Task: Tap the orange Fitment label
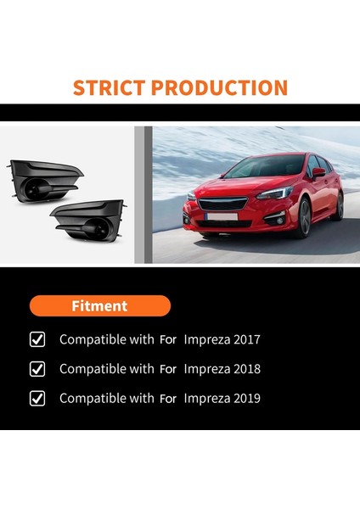(x=100, y=305)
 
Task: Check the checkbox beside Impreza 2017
(x=37, y=339)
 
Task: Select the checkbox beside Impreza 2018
(x=37, y=369)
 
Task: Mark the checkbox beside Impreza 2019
(x=37, y=399)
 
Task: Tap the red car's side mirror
(x=318, y=172)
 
